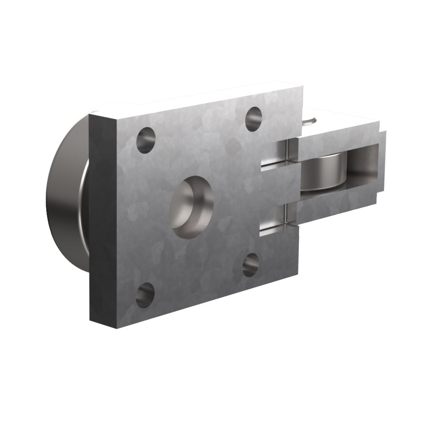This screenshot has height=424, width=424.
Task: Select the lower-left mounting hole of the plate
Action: (x=145, y=296)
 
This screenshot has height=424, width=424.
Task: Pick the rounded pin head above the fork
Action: (x=310, y=120)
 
